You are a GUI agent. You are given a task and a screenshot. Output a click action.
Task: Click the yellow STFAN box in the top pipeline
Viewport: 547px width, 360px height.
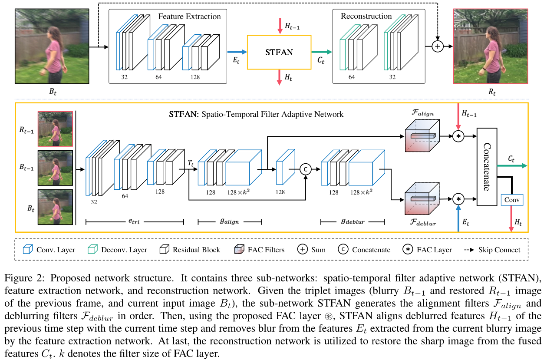coord(279,52)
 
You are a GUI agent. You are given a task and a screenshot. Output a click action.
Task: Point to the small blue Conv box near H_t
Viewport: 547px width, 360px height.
coord(512,200)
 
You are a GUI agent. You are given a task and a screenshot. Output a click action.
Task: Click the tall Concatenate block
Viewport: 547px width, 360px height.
coord(493,167)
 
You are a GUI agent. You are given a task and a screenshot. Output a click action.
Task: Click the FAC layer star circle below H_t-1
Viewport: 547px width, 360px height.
coord(458,136)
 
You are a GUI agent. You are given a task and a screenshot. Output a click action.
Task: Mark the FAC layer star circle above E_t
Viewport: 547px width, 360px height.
coord(458,199)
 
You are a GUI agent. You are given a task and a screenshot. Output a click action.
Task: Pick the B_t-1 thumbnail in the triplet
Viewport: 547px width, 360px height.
coord(55,168)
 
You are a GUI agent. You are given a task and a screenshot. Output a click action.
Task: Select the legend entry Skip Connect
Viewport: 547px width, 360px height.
coord(499,250)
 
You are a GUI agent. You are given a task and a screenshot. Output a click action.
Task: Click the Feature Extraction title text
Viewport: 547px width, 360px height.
coord(189,17)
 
